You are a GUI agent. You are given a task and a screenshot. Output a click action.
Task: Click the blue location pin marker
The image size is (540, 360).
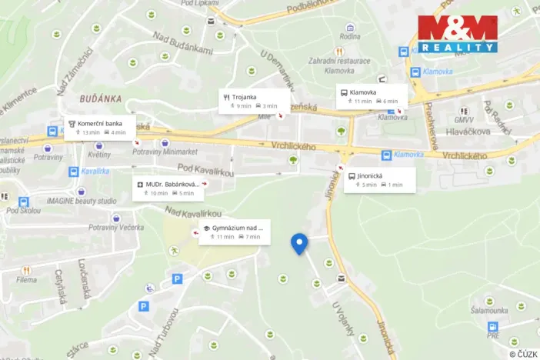[300, 244]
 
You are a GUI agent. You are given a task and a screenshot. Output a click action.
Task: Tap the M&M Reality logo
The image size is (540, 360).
[457, 34]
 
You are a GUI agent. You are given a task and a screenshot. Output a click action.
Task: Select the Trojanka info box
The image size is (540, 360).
[254, 101]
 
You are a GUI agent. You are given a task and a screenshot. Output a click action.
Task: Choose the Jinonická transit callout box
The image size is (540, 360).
[380, 180]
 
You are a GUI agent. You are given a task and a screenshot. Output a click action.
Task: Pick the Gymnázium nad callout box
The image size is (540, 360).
[232, 232]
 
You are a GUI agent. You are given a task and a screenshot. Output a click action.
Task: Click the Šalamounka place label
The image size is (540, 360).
[489, 311]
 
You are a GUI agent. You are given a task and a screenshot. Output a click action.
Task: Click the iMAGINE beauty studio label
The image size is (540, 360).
[82, 201]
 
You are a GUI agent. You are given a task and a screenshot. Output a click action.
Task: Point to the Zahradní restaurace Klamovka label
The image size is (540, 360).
[339, 65]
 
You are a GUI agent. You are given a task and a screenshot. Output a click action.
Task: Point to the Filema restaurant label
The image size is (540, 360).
[26, 280]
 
